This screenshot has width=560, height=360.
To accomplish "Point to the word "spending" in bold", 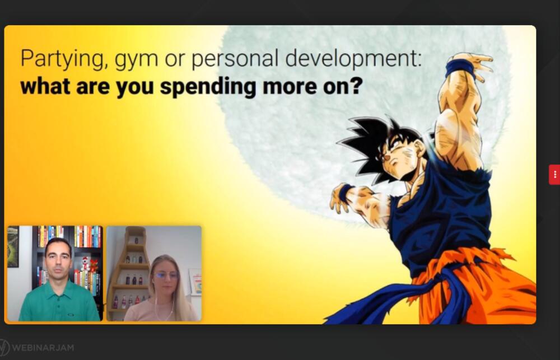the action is pos(208,87).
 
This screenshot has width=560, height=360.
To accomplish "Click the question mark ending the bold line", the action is pos(357,86).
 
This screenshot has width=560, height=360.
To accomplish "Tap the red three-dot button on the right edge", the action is pos(554,175).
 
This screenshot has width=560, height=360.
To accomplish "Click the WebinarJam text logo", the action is pos(43,347).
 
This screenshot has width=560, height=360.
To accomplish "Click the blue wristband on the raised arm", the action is pos(461,68).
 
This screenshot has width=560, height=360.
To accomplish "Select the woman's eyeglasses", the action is pos(166,275).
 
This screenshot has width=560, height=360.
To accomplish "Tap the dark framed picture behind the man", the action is pos(13,246).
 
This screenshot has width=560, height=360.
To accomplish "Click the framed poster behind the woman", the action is pos(195,282).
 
